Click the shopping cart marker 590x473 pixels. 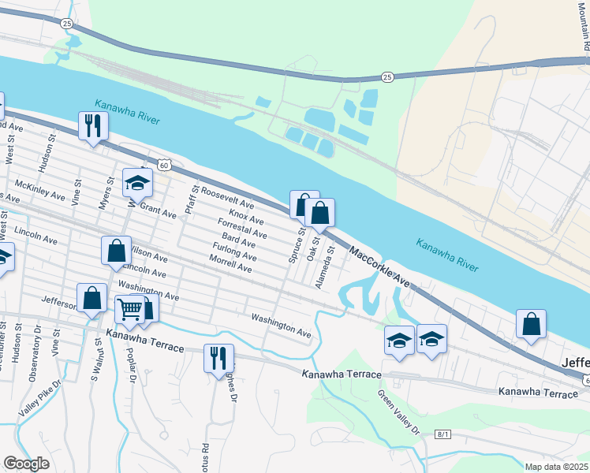[130, 308]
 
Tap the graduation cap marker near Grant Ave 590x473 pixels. [137, 184]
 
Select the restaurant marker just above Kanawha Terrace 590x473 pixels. [218, 358]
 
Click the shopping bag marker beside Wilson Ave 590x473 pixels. [116, 251]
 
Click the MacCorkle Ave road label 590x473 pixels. [380, 268]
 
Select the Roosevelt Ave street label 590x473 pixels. [227, 197]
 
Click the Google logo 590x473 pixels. [26, 464]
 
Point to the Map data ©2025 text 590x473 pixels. [556, 467]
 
